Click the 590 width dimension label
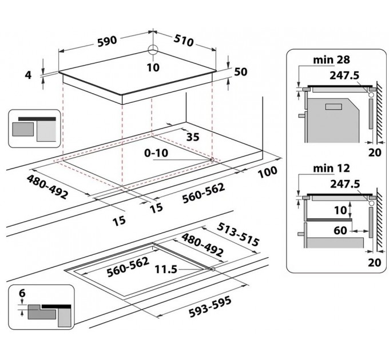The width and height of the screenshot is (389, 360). point(107,41)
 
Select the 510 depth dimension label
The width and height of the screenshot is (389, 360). point(183,41)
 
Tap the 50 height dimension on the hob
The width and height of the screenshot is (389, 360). point(241,72)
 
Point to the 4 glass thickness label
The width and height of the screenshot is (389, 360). point(28,75)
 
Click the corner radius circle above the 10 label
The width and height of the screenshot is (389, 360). point(153,49)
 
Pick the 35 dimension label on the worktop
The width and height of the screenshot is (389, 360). point(193,137)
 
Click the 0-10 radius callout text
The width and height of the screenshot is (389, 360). point(156,153)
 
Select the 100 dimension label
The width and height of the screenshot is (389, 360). point(268,172)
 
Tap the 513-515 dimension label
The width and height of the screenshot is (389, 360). point(238,234)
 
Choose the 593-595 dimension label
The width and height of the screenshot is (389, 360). point(210,306)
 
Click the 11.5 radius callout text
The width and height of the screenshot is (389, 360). point(166,269)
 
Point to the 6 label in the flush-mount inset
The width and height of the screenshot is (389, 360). point(22,293)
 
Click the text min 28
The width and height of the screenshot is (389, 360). point(331,59)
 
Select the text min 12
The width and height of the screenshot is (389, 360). point(331,168)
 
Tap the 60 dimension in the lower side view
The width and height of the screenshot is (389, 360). point(340,230)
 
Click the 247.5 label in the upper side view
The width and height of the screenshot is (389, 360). point(344,75)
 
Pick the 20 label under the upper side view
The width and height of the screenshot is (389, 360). point(375,153)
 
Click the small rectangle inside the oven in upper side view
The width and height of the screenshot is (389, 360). point(334,106)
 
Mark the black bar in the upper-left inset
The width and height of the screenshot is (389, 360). point(37,119)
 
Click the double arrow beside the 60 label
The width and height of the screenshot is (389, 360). point(360,231)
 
